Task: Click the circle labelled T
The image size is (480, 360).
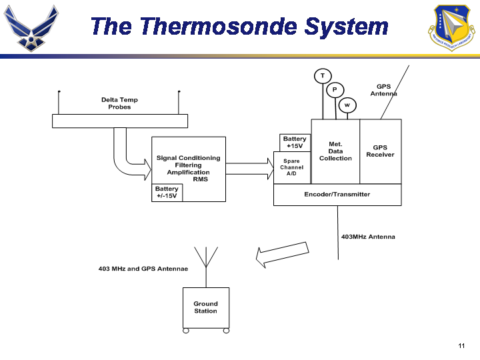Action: point(323,75)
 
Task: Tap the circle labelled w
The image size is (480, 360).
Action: point(347,105)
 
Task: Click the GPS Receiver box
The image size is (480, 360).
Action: point(380,151)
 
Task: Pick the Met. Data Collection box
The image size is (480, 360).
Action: point(335,151)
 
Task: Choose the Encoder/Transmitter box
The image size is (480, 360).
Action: point(337,195)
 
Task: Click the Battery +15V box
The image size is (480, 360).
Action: point(295,143)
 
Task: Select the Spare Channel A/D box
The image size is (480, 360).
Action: point(292,167)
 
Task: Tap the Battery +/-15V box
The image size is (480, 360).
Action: point(167,193)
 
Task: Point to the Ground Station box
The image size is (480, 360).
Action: point(206,307)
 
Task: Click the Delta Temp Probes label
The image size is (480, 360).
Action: point(120,103)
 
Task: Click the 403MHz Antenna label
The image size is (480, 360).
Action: point(368,237)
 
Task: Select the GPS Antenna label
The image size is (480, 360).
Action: point(384,90)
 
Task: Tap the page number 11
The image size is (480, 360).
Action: point(461,345)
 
